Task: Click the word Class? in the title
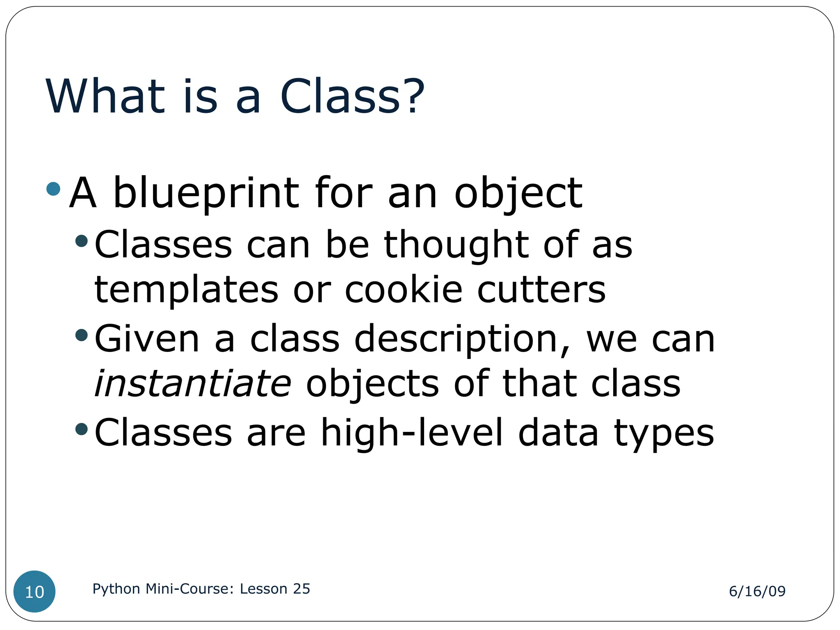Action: pos(352,97)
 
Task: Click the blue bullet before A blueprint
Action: pos(54,189)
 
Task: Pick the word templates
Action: pos(187,290)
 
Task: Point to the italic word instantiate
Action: pos(193,384)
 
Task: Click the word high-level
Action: pos(411,433)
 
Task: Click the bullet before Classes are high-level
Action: pos(82,429)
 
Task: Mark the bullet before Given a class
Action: pos(82,335)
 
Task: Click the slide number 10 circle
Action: pos(34,591)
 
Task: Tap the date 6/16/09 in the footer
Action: pos(757,591)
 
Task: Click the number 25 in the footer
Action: pos(301,589)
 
